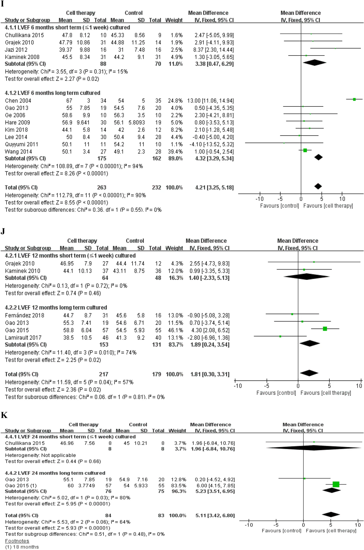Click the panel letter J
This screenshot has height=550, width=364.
(x=3, y=231)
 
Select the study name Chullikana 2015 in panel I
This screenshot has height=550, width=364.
(x=24, y=35)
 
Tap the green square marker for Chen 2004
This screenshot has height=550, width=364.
(x=354, y=99)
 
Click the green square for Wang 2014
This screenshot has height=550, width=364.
(x=305, y=150)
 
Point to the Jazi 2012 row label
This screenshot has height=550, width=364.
(x=16, y=50)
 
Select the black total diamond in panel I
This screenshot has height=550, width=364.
(x=318, y=186)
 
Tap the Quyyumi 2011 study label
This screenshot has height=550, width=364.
(x=21, y=144)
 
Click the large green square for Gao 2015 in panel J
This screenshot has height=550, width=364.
(x=325, y=329)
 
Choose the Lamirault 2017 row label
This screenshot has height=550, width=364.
(x=23, y=338)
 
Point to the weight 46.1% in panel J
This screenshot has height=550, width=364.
(x=175, y=330)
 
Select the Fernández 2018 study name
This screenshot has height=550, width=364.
(x=25, y=315)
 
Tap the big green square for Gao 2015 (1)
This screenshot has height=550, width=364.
(x=336, y=484)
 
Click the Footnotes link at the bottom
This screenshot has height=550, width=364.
(x=17, y=541)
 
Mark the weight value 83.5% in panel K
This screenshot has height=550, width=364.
(x=179, y=486)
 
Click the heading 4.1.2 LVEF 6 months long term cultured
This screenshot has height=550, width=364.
(x=53, y=93)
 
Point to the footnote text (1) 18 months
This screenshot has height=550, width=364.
(x=22, y=547)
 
